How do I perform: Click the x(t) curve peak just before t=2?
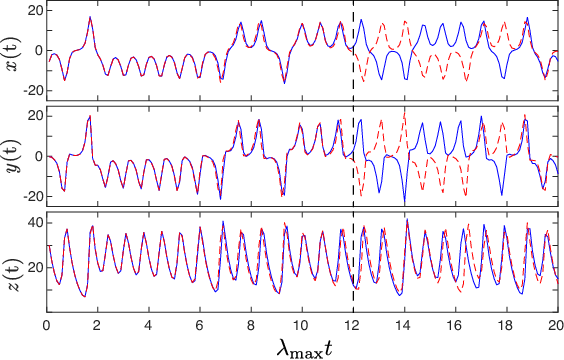coord(90,17)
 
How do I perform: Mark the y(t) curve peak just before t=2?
coord(90,117)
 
